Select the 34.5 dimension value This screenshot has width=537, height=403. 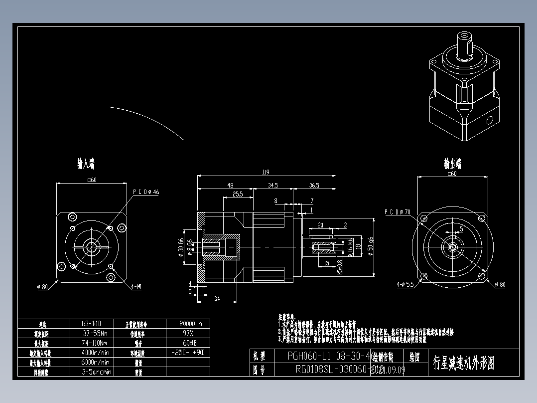click(x=272, y=185)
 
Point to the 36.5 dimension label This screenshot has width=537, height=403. click(x=314, y=185)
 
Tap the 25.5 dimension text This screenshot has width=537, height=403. click(x=238, y=195)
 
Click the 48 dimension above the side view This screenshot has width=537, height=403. click(x=230, y=185)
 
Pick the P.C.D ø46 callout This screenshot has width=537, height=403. click(x=145, y=192)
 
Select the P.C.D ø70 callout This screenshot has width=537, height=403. click(x=397, y=212)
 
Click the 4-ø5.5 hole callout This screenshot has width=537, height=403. click(x=405, y=285)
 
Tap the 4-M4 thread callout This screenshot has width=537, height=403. click(x=135, y=287)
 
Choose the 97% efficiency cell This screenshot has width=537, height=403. click(x=188, y=333)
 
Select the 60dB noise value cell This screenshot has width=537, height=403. click(x=188, y=343)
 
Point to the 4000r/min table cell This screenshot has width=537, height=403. click(x=97, y=353)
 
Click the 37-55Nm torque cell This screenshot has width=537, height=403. click(x=97, y=333)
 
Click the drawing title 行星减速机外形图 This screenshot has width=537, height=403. click(x=463, y=363)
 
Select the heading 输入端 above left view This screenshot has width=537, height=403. click(x=86, y=164)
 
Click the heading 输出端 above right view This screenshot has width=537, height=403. click(x=452, y=164)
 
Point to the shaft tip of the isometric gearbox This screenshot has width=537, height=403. click(x=465, y=36)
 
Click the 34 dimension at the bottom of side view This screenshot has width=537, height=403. click(x=217, y=298)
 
